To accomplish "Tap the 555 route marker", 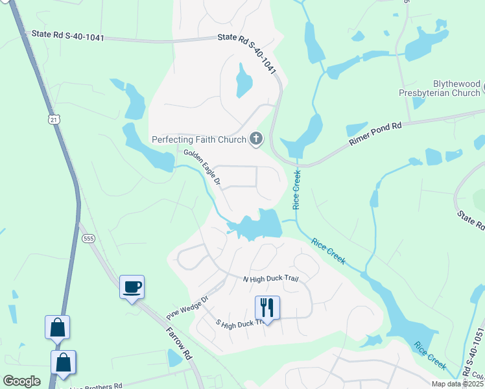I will tap(89, 239).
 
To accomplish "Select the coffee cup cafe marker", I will tap(132, 287).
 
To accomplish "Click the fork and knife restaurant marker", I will tap(267, 308).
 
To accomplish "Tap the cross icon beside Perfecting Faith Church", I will tap(257, 138).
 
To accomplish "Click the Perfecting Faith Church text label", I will tap(198, 139).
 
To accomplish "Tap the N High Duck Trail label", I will tap(270, 279).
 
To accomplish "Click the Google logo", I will tap(21, 381).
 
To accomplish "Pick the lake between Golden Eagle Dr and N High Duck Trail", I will tap(257, 226).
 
